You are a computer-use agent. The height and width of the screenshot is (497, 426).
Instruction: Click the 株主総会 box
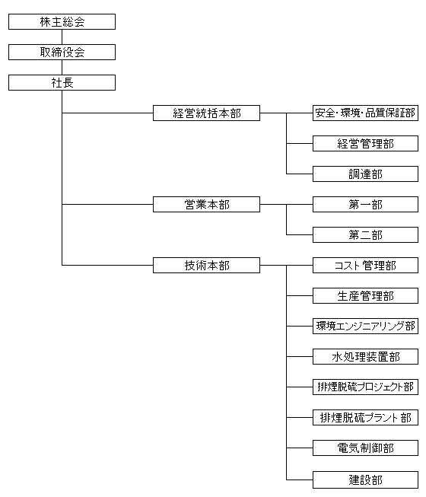(62, 21)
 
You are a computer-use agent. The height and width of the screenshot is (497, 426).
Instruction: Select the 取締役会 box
(62, 52)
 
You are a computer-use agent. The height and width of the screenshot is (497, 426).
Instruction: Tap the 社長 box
(62, 82)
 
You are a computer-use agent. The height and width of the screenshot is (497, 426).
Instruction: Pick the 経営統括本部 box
(206, 113)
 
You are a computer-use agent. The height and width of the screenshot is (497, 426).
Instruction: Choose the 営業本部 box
(206, 204)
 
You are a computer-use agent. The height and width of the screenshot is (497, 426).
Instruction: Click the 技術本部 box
(206, 265)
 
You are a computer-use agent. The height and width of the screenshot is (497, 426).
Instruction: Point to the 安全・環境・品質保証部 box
(365, 113)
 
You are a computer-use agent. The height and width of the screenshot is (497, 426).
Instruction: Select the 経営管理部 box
(365, 143)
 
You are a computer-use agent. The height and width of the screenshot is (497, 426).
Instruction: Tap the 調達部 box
(365, 174)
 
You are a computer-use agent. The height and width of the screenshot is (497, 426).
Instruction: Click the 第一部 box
(365, 204)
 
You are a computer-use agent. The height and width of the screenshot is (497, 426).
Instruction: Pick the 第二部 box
(365, 234)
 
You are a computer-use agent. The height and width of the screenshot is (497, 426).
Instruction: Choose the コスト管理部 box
(365, 265)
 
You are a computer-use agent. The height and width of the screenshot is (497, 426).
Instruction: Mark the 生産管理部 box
(365, 295)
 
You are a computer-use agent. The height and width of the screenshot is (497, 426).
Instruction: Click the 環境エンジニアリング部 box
(365, 326)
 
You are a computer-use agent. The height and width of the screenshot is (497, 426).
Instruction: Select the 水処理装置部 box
(365, 356)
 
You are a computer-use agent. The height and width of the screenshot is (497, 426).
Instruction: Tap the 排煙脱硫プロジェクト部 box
(365, 387)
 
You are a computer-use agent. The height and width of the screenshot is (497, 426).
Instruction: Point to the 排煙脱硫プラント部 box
(365, 417)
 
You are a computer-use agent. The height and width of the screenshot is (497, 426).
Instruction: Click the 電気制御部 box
(365, 448)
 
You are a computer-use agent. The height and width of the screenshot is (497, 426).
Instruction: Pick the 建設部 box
(365, 479)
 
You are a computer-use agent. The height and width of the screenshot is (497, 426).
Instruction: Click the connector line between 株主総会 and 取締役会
(62, 37)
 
